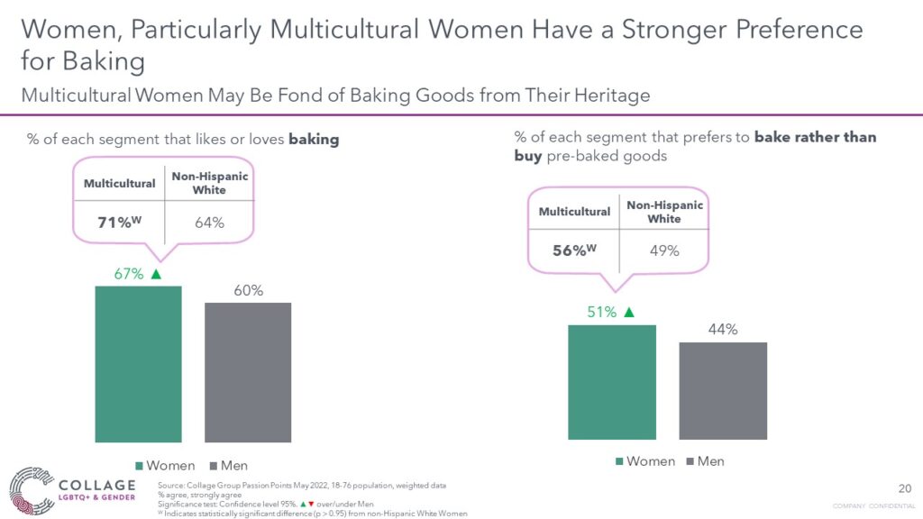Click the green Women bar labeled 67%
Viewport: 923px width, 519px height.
(138, 364)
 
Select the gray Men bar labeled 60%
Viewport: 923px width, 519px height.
(248, 372)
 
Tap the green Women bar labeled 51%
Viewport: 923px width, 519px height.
(612, 382)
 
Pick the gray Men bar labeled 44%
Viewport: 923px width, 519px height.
(723, 391)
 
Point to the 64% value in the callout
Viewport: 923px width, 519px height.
(209, 223)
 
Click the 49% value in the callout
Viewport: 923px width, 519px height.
(664, 250)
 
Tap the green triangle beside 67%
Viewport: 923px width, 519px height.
(156, 274)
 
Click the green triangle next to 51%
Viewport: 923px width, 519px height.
(629, 312)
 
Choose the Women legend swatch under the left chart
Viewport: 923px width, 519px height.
(140, 466)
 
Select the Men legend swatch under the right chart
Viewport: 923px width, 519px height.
(690, 461)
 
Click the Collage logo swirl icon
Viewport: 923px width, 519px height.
(32, 490)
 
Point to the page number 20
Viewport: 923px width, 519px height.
(905, 488)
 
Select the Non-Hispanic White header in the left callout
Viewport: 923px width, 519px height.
(209, 183)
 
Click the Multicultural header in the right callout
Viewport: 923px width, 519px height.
(574, 212)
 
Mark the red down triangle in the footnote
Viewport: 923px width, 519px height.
(311, 504)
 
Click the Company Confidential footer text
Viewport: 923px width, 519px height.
(874, 506)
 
